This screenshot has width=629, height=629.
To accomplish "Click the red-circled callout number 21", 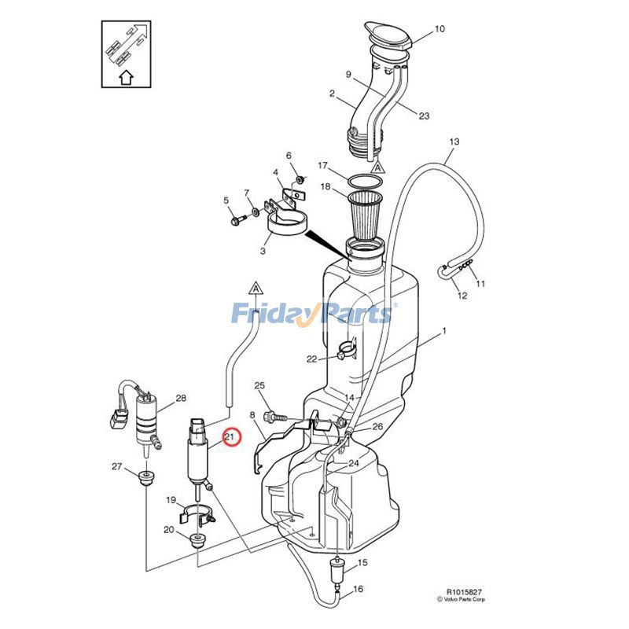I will (x=230, y=436).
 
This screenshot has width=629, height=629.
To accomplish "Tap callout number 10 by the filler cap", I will (x=440, y=29).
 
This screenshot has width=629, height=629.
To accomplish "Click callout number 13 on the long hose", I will (x=454, y=142).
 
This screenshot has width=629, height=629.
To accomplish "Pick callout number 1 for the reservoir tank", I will (x=443, y=331).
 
